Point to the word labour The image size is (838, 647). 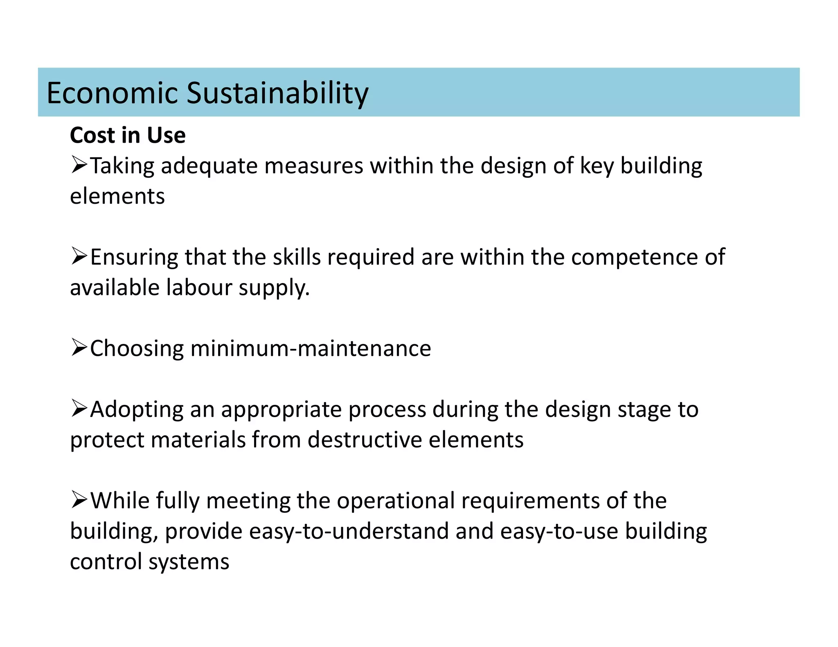click(199, 287)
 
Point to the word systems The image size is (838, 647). click(189, 562)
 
